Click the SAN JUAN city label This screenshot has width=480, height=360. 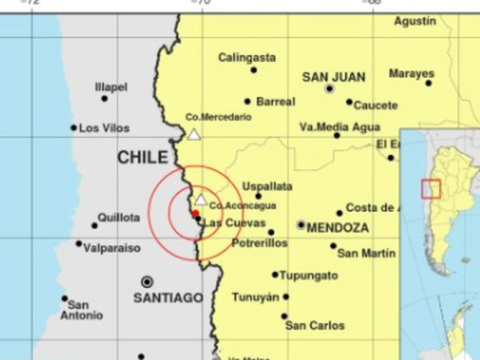334,77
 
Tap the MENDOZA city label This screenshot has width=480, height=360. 337,228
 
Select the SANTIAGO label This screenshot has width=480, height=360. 168,298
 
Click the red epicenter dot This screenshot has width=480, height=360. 196,213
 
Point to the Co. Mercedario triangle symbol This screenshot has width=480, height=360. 194,134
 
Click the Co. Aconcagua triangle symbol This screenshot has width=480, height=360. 201,199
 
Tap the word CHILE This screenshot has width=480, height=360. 143,158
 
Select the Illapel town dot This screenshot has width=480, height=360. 104,98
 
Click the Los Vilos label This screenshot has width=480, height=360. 104,128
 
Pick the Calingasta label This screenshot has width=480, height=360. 247,58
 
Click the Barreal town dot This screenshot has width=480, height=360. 247,102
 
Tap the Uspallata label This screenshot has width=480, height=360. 267,186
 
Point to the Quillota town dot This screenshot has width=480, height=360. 95,225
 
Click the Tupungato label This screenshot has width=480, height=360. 309,275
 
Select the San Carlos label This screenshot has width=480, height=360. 315,325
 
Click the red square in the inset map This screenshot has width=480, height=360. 431,189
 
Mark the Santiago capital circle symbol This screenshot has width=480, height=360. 147,281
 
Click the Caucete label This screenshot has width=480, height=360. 375,106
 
